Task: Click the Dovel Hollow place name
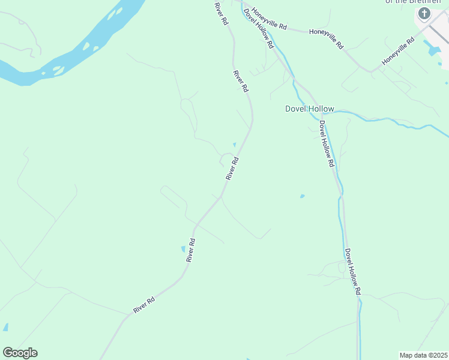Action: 309,109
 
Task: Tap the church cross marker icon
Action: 424,13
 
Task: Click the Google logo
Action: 20,353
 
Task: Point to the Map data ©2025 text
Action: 423,355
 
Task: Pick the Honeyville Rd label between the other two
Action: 326,37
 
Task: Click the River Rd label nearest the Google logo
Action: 145,305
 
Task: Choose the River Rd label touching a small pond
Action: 191,250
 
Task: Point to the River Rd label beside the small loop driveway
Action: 232,169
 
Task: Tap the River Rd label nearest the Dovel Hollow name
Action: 241,81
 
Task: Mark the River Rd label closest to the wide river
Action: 221,13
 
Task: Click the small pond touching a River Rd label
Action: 183,248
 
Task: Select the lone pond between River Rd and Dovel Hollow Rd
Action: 302,196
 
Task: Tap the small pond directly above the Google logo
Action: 5,327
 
